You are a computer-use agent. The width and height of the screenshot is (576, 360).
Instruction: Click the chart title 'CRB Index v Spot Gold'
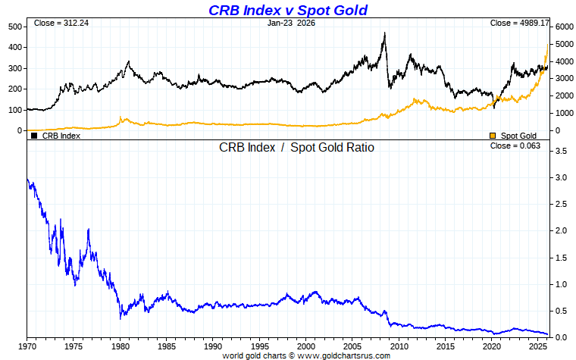(x=287, y=10)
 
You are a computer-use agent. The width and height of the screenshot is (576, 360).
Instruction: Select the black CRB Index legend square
(x=33, y=136)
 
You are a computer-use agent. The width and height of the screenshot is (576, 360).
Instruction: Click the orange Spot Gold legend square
(x=493, y=136)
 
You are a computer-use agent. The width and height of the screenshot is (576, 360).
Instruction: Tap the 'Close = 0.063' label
(x=515, y=146)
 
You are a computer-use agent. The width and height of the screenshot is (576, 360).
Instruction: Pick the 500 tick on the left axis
(x=14, y=27)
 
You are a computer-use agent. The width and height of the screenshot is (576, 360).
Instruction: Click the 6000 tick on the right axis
(x=562, y=27)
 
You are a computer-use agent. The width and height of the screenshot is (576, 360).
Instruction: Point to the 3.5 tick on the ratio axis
(x=561, y=152)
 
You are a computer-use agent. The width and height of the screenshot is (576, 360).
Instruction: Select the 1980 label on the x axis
(x=121, y=346)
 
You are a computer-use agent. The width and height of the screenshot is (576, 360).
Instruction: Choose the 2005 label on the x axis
(x=353, y=346)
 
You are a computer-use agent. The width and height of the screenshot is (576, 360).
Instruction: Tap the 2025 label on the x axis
(x=539, y=346)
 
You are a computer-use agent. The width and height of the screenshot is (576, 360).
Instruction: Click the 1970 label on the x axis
(x=27, y=346)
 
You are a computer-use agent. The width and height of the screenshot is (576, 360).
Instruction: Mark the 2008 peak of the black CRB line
(x=385, y=33)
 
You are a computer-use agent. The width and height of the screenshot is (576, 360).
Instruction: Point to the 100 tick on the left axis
(x=14, y=110)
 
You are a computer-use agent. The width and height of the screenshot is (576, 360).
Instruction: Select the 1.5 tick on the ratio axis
(x=561, y=258)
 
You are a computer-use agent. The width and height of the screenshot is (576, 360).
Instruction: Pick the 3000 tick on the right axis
(x=562, y=79)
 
